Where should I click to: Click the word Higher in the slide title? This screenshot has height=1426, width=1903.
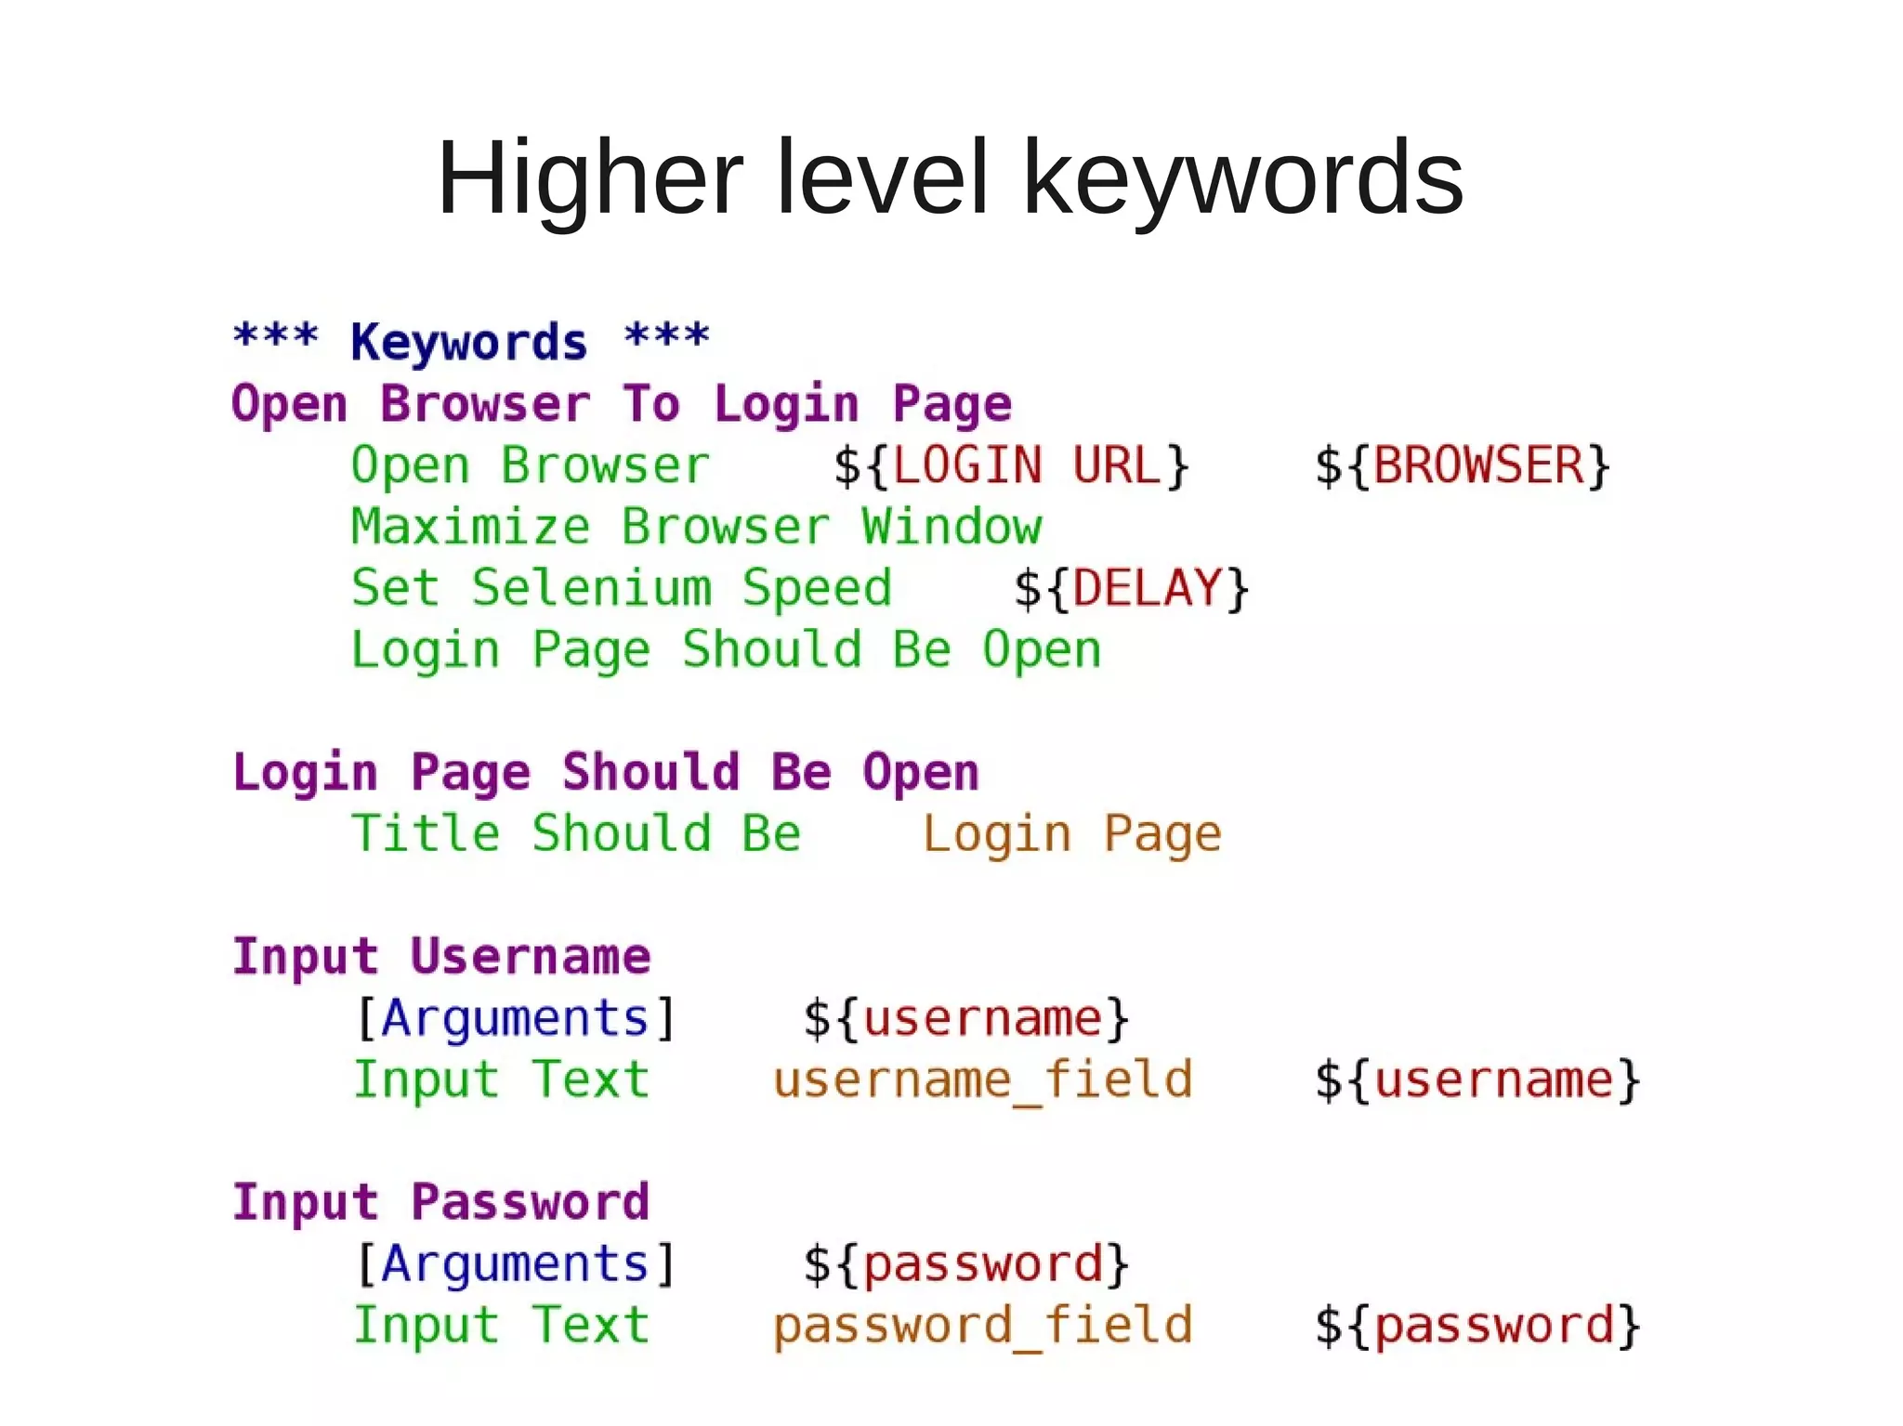pyautogui.click(x=590, y=177)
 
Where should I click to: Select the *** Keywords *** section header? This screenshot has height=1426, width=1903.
pyautogui.click(x=471, y=340)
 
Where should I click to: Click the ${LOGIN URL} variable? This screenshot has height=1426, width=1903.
pyautogui.click(x=1011, y=464)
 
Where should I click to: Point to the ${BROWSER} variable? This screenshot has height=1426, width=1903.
pyautogui.click(x=1462, y=464)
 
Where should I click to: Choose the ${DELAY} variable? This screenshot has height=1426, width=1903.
pyautogui.click(x=1131, y=588)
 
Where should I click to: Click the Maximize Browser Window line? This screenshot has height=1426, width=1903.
pyautogui.click(x=696, y=527)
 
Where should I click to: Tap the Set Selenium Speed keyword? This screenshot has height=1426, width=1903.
pyautogui.click(x=621, y=588)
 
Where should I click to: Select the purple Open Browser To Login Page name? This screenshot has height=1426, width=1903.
pyautogui.click(x=621, y=403)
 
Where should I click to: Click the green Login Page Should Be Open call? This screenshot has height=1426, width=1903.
pyautogui.click(x=726, y=649)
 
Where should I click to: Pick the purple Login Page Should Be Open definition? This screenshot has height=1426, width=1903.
pyautogui.click(x=606, y=772)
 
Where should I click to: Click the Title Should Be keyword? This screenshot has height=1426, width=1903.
pyautogui.click(x=576, y=833)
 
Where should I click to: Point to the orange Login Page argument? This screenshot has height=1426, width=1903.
pyautogui.click(x=1071, y=833)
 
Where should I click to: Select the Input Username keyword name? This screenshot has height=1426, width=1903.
pyautogui.click(x=441, y=956)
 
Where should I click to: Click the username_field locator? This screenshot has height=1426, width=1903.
pyautogui.click(x=982, y=1079)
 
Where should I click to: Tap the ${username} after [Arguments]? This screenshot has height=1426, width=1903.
pyautogui.click(x=966, y=1017)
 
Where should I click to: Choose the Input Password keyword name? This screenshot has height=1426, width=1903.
pyautogui.click(x=441, y=1201)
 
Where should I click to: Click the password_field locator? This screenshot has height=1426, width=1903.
pyautogui.click(x=982, y=1325)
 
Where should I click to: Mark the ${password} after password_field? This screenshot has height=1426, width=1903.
pyautogui.click(x=1477, y=1325)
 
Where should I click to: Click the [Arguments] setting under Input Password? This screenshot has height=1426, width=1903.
pyautogui.click(x=516, y=1263)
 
